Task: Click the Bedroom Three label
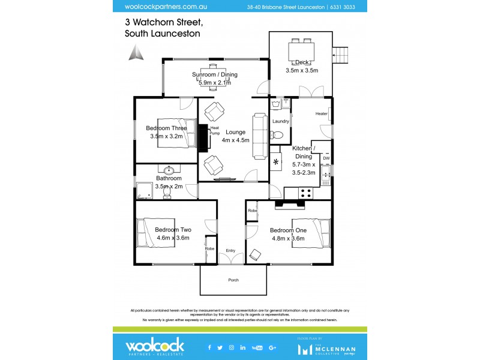(166, 128)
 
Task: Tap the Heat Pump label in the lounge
(214, 130)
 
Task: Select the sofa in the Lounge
(259, 136)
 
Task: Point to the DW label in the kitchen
(326, 158)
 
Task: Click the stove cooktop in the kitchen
(305, 194)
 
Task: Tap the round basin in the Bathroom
(169, 169)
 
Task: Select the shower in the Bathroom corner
(143, 191)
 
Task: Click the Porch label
(233, 280)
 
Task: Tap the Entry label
(230, 251)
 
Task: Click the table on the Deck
(302, 49)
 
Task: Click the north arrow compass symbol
(134, 53)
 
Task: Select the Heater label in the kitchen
(321, 113)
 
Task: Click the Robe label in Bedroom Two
(209, 248)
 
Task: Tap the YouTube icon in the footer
(257, 347)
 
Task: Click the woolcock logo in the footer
(154, 346)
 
